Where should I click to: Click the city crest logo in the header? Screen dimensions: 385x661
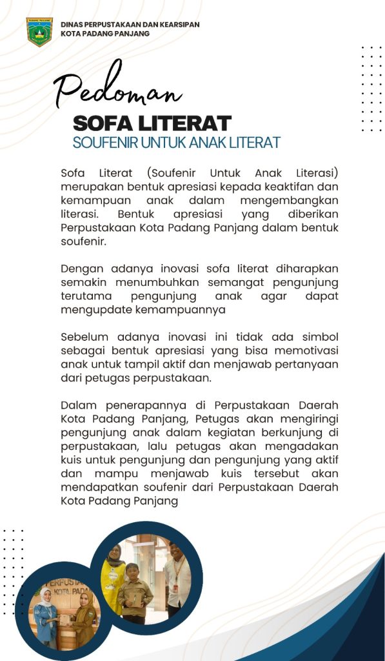pos(39,32)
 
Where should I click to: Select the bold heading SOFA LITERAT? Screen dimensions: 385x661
pos(152,123)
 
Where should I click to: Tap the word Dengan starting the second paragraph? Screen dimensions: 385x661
pos(81,269)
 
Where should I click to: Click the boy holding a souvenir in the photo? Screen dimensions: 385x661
pos(136,591)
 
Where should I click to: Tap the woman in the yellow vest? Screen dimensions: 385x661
pos(115,575)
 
